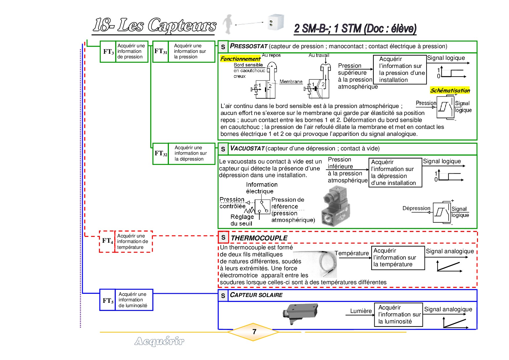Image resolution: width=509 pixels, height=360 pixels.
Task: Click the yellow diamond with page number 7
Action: click(x=254, y=332)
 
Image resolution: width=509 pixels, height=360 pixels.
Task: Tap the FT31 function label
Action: click(x=160, y=51)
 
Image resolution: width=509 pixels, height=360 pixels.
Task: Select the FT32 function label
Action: click(x=161, y=153)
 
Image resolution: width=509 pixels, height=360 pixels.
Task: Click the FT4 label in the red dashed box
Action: click(x=107, y=241)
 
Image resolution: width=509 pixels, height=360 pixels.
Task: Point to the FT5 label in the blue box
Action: click(x=108, y=300)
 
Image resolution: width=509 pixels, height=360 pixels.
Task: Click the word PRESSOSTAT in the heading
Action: click(x=248, y=46)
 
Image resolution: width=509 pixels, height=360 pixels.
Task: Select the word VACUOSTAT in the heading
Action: click(x=247, y=148)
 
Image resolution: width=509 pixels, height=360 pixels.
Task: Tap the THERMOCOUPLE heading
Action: click(x=259, y=238)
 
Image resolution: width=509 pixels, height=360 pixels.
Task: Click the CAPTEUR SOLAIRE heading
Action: click(x=256, y=295)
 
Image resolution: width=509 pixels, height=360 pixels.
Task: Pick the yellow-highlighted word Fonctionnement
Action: click(x=240, y=59)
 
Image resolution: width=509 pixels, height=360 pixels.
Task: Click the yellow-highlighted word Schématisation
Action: click(x=450, y=90)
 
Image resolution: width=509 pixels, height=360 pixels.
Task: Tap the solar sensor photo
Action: click(x=300, y=313)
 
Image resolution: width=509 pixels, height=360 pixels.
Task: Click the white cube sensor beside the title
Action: click(x=275, y=22)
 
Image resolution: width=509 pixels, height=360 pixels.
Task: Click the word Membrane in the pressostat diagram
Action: click(x=291, y=82)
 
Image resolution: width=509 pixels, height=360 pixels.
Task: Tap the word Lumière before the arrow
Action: click(x=361, y=311)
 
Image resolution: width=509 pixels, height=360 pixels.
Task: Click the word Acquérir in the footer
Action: click(x=159, y=341)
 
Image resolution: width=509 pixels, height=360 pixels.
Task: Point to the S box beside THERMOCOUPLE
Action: click(x=223, y=237)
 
